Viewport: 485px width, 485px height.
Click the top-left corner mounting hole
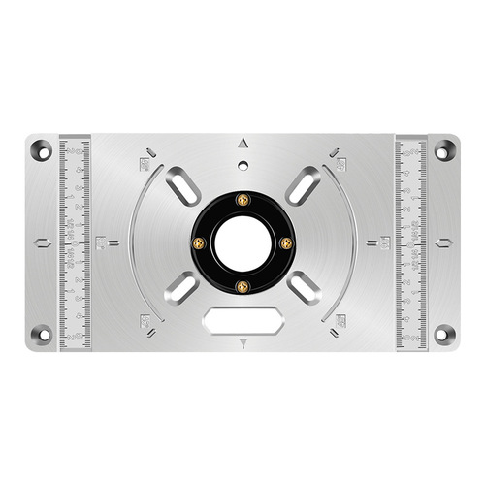click(x=41, y=150)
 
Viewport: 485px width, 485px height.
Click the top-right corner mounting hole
click(x=444, y=150)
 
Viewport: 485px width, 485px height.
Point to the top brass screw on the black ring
click(x=242, y=200)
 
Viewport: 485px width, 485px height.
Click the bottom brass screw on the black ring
click(x=242, y=285)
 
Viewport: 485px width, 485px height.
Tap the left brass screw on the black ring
click(x=200, y=242)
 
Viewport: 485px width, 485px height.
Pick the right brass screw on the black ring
click(x=285, y=242)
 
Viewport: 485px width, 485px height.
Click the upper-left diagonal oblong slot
click(x=181, y=182)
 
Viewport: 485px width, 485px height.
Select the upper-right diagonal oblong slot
click(x=304, y=182)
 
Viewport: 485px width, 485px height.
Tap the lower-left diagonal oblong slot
click(x=181, y=288)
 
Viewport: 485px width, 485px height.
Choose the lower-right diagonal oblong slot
click(x=304, y=288)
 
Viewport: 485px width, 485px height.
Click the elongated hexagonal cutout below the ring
click(x=242, y=318)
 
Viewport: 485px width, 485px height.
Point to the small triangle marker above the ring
click(x=242, y=143)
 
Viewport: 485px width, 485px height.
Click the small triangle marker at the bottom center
click(x=242, y=341)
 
